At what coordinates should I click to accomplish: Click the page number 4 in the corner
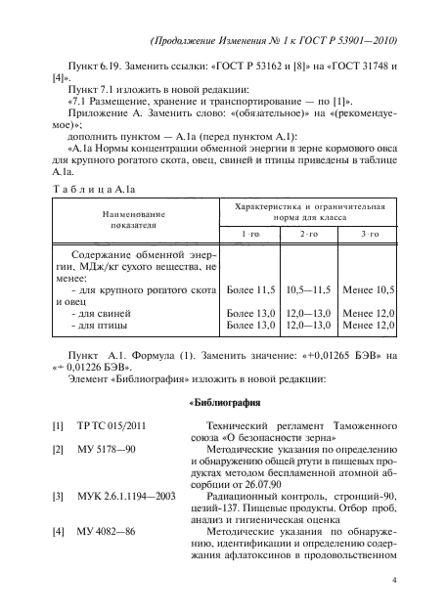tap(393, 579)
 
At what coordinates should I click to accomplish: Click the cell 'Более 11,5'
tap(250, 290)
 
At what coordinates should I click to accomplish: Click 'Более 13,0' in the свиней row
tap(250, 313)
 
